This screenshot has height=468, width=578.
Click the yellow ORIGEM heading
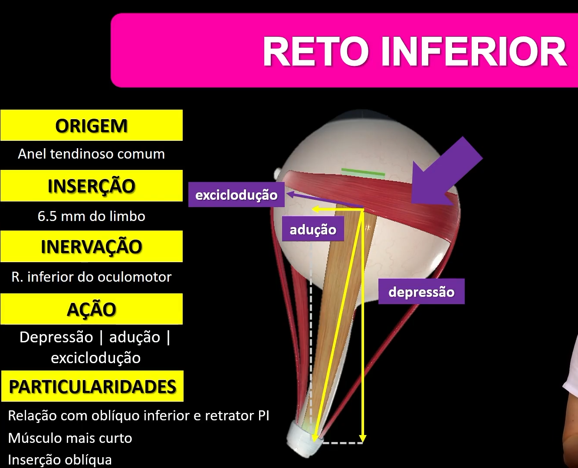(92, 126)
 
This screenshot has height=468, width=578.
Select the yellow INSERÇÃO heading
(92, 186)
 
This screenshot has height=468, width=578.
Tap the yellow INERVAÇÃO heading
(92, 247)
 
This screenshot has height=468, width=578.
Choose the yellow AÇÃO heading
(92, 309)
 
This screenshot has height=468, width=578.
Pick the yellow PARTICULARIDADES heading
(92, 387)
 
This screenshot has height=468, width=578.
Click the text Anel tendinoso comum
(92, 154)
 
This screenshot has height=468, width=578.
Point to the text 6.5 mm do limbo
(92, 216)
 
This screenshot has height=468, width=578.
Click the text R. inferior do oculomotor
(92, 277)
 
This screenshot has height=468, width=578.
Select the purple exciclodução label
(236, 195)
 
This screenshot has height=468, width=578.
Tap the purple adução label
(313, 229)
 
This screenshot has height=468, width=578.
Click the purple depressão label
(421, 292)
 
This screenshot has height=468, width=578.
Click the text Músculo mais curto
(70, 438)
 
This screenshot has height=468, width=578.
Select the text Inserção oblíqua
(60, 460)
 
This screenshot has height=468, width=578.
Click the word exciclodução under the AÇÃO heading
(96, 358)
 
